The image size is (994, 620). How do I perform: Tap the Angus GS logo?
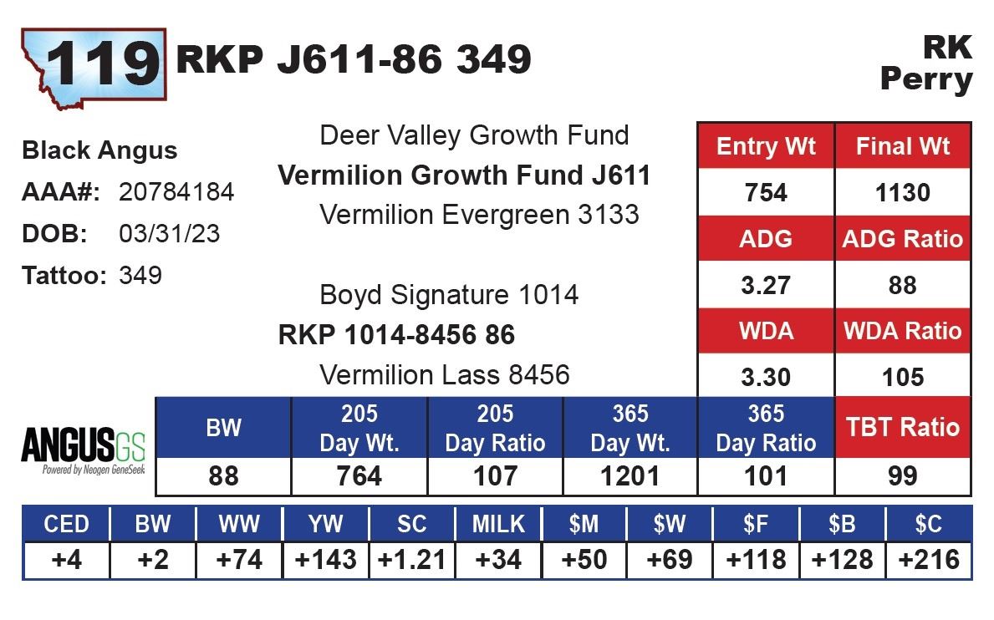click(x=83, y=450)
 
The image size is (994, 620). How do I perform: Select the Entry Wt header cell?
click(x=765, y=147)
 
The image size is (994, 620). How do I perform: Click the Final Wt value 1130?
click(x=903, y=193)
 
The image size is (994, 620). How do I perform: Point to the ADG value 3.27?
click(x=765, y=285)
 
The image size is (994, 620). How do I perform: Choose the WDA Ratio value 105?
click(x=903, y=377)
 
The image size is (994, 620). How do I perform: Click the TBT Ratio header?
click(x=903, y=427)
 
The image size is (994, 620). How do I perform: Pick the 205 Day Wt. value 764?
click(x=359, y=476)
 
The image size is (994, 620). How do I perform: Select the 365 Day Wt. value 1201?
click(x=630, y=476)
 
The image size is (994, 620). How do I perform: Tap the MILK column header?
click(x=498, y=524)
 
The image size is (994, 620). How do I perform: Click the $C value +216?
click(x=928, y=559)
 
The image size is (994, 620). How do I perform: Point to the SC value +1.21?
click(x=411, y=559)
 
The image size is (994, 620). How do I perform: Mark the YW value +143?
click(x=324, y=559)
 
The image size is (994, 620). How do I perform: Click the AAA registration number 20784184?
click(x=176, y=192)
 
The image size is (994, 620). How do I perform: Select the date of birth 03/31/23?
click(x=170, y=234)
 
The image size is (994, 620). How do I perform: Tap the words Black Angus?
click(x=99, y=150)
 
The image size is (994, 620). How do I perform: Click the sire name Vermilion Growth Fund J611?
click(x=464, y=175)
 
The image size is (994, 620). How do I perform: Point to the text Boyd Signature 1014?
click(x=449, y=295)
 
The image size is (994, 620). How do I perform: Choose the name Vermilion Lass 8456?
click(x=445, y=374)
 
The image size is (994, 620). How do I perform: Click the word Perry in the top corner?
click(x=926, y=80)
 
